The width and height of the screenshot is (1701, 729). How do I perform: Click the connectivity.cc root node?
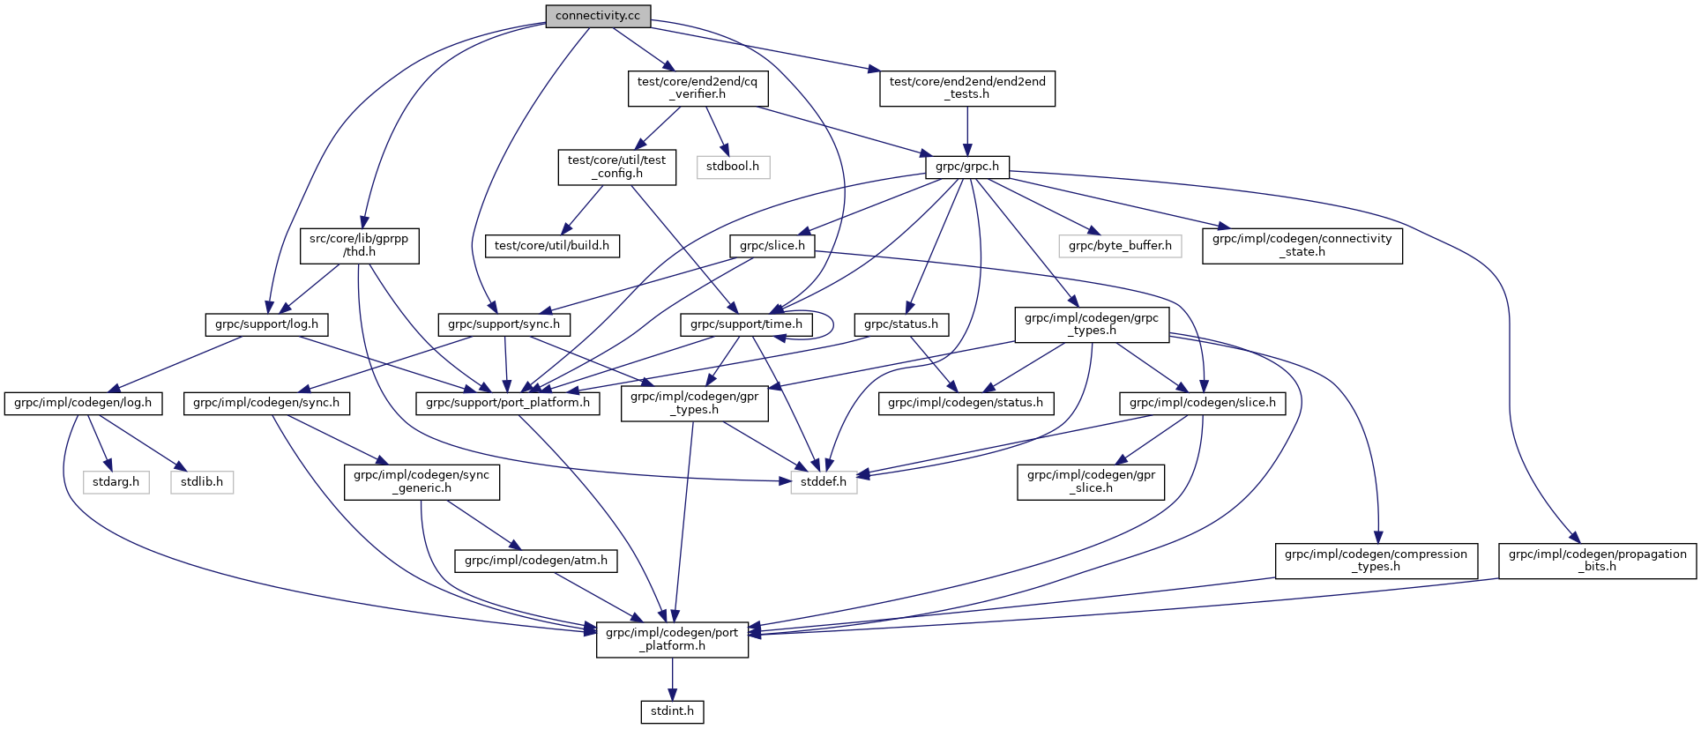pos(598,16)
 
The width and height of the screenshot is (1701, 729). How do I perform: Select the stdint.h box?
pos(672,710)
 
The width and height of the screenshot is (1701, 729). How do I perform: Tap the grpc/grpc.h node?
pos(967,166)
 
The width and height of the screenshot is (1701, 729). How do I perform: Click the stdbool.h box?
pos(733,167)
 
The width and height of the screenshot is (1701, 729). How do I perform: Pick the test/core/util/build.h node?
pos(552,245)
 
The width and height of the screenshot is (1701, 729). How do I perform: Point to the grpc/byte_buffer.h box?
pos(1120,245)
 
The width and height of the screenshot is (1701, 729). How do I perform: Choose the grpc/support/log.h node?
pos(266,324)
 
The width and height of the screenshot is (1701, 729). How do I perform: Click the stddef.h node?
pos(824,481)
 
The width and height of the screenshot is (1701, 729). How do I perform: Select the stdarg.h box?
pos(116,482)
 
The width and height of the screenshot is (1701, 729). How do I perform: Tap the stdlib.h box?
pos(202,482)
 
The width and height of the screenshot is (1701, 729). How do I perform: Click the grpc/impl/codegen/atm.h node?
pos(536,560)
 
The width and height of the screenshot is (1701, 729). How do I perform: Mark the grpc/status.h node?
pos(901,324)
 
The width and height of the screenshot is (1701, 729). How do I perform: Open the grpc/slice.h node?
pos(772,245)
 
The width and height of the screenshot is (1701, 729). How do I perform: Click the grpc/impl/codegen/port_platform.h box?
pos(672,639)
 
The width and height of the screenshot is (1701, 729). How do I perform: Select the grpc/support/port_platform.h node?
pos(508,403)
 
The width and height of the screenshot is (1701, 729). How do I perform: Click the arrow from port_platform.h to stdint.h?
pos(672,679)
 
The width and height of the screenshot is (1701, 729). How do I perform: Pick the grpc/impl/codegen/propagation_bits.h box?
pos(1597,560)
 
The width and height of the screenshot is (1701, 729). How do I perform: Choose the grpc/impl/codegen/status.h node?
pos(966,403)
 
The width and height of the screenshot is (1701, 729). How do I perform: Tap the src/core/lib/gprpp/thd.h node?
pos(359,245)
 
